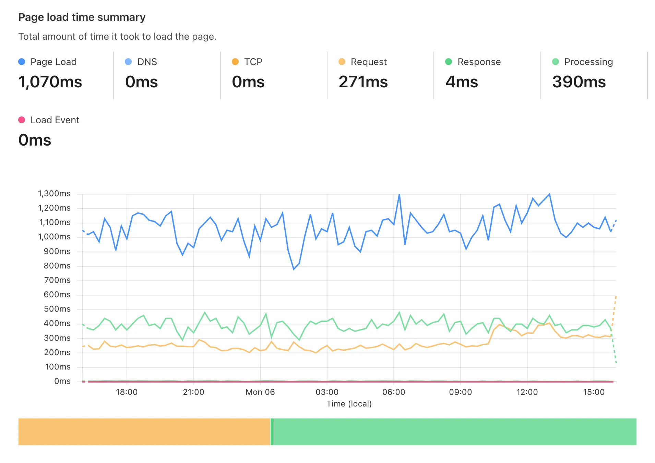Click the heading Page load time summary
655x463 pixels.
pos(82,17)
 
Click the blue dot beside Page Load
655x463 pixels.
pos(22,62)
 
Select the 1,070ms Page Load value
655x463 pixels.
pos(50,82)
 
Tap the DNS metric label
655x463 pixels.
pos(147,62)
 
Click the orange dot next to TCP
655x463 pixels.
pos(235,62)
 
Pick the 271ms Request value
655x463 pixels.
pos(363,82)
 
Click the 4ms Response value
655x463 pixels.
pos(461,82)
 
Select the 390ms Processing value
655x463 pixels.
pos(579,82)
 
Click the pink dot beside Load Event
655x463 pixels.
pos(22,120)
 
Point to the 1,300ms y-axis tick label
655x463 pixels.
pos(54,193)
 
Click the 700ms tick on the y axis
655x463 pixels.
pos(57,280)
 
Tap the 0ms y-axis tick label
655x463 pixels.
pos(62,381)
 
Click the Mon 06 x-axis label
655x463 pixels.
pos(260,392)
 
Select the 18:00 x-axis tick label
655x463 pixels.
pos(127,392)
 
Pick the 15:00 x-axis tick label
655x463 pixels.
pos(594,392)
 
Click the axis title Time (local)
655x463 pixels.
pos(349,404)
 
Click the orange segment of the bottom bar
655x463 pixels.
pos(144,431)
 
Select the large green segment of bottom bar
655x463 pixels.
pos(455,431)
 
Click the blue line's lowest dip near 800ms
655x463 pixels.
pos(294,269)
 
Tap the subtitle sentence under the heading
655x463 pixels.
pos(117,37)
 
